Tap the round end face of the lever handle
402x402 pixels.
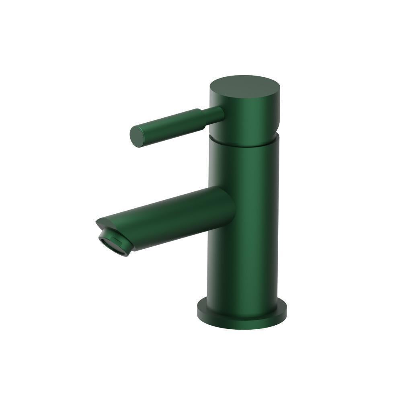[137, 137]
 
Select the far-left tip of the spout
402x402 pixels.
[97, 223]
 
